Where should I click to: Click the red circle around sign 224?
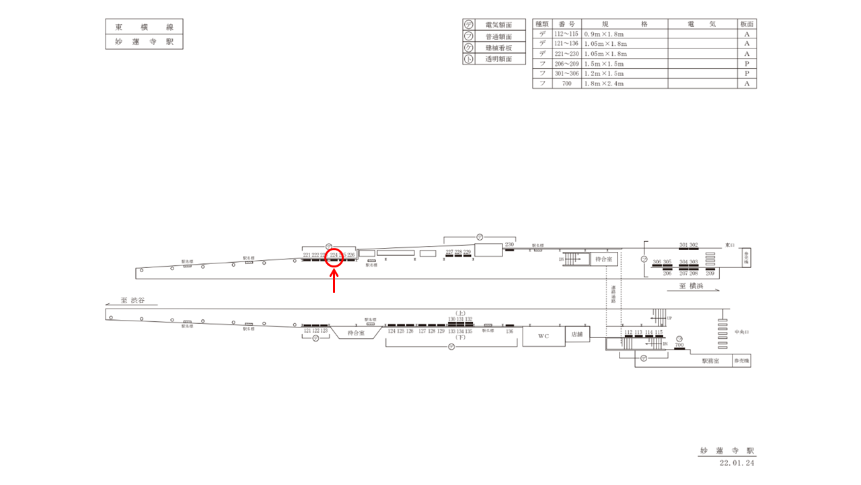tap(334, 258)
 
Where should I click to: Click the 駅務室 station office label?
tap(710, 361)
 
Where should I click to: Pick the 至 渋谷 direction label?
tap(134, 300)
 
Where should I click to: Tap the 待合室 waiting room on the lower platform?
tap(356, 333)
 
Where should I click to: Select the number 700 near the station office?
tap(679, 345)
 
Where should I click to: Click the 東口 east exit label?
tap(731, 245)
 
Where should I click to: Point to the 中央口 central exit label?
tap(741, 331)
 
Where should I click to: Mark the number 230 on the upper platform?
tap(509, 245)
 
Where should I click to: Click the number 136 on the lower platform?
tap(509, 331)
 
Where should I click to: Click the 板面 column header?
tap(747, 24)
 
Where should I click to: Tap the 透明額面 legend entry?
tap(498, 59)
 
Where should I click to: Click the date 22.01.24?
tap(737, 463)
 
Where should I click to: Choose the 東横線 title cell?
tap(144, 27)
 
